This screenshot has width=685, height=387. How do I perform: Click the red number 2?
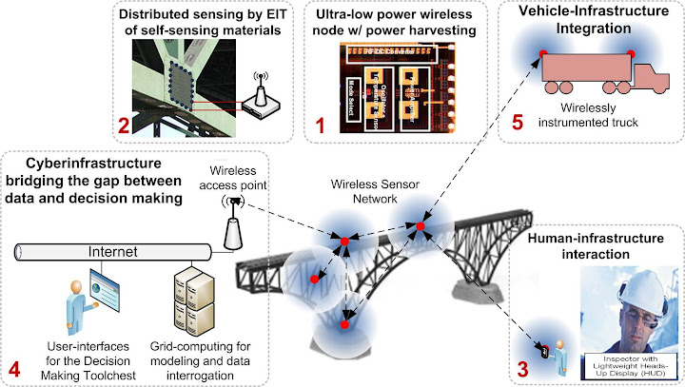[123, 126]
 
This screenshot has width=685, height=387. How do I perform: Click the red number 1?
[321, 126]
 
